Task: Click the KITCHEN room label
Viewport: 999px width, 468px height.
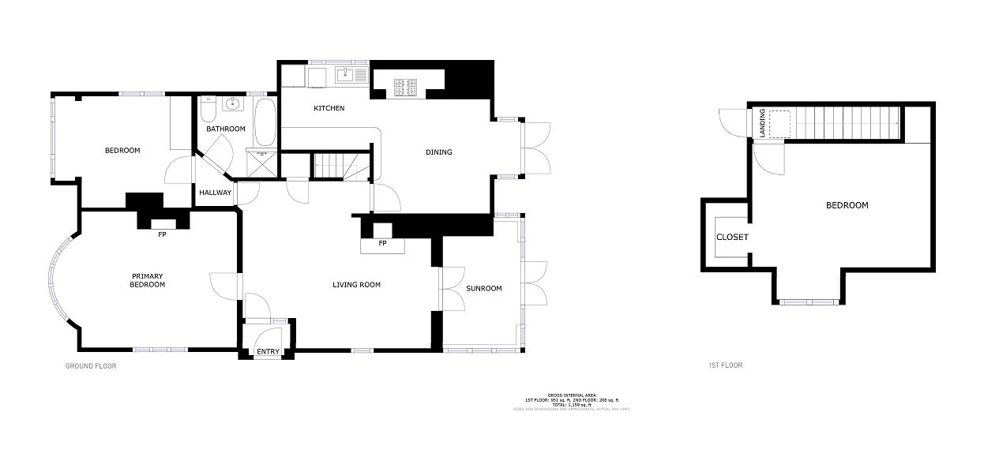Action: (x=329, y=108)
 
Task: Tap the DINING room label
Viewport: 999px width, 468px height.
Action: (x=439, y=152)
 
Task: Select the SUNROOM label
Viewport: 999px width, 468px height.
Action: (x=483, y=288)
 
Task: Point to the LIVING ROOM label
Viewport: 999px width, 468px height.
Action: (x=356, y=285)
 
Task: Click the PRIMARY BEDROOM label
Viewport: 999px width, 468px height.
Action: (x=148, y=280)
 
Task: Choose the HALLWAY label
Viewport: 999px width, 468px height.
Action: (x=215, y=193)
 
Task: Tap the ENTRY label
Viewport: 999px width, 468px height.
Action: (x=268, y=352)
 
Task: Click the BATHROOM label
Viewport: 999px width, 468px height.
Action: (x=226, y=129)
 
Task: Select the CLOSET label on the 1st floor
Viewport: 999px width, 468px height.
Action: (x=732, y=237)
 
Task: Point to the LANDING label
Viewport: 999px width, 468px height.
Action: (x=762, y=124)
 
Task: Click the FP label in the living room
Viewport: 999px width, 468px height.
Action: (x=382, y=243)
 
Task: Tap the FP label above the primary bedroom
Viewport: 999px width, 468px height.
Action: (x=162, y=234)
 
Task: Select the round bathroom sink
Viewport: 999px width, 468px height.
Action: (x=232, y=103)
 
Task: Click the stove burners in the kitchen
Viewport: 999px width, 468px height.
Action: (x=407, y=87)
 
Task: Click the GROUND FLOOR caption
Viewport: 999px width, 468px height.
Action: (x=90, y=366)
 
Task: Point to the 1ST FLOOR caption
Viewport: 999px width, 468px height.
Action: (x=725, y=365)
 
